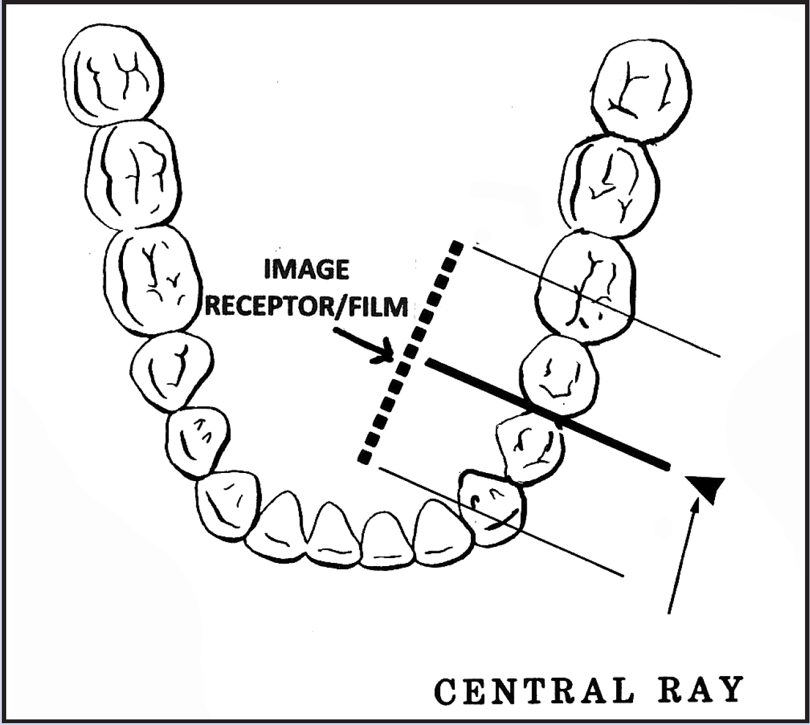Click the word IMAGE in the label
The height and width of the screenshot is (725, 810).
point(306,270)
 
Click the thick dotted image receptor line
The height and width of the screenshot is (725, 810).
point(411,351)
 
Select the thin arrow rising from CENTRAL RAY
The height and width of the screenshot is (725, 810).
point(682,559)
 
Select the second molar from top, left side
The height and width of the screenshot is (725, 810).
point(134,174)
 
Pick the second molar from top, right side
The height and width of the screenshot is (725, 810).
point(609,186)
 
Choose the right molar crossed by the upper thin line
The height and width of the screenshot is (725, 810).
point(587,286)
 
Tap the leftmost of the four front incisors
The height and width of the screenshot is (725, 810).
point(286,525)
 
